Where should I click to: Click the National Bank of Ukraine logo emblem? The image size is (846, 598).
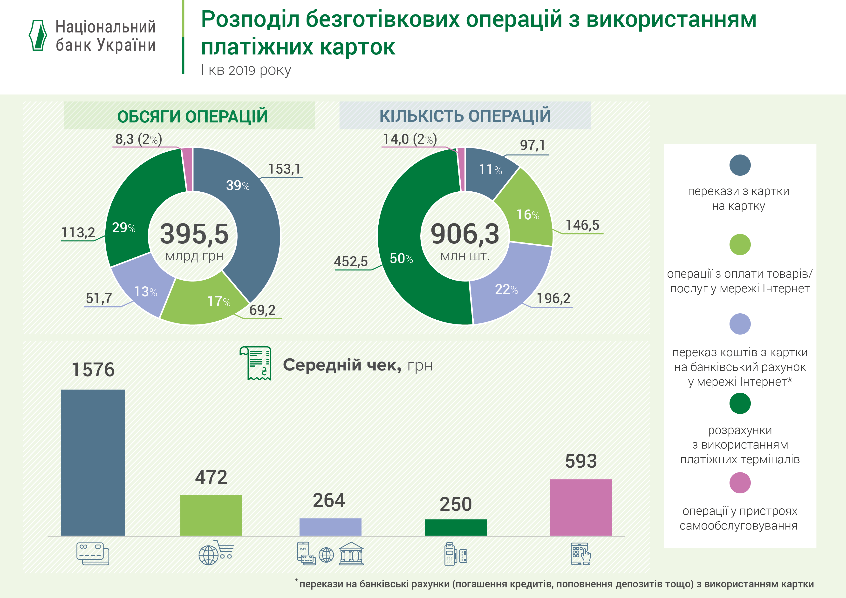tap(38, 35)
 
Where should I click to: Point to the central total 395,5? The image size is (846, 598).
tap(194, 234)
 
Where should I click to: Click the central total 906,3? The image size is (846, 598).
tap(465, 234)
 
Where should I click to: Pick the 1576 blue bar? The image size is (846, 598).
tap(93, 462)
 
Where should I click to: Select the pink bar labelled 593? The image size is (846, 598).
tap(581, 507)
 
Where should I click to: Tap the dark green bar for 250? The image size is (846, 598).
tap(456, 527)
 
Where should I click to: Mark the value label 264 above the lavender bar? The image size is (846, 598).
tap(329, 500)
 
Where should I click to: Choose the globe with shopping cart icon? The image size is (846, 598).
tap(216, 553)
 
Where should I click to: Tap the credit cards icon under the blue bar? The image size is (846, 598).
tap(93, 553)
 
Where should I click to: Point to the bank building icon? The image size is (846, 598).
tap(351, 553)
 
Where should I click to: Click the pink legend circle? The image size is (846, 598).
tap(740, 483)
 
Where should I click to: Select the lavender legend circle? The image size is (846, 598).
tap(740, 324)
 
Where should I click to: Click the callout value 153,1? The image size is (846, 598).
tap(284, 169)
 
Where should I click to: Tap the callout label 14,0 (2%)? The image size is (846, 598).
tap(410, 139)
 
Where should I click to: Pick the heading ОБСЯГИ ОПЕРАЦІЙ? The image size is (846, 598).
tap(192, 116)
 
